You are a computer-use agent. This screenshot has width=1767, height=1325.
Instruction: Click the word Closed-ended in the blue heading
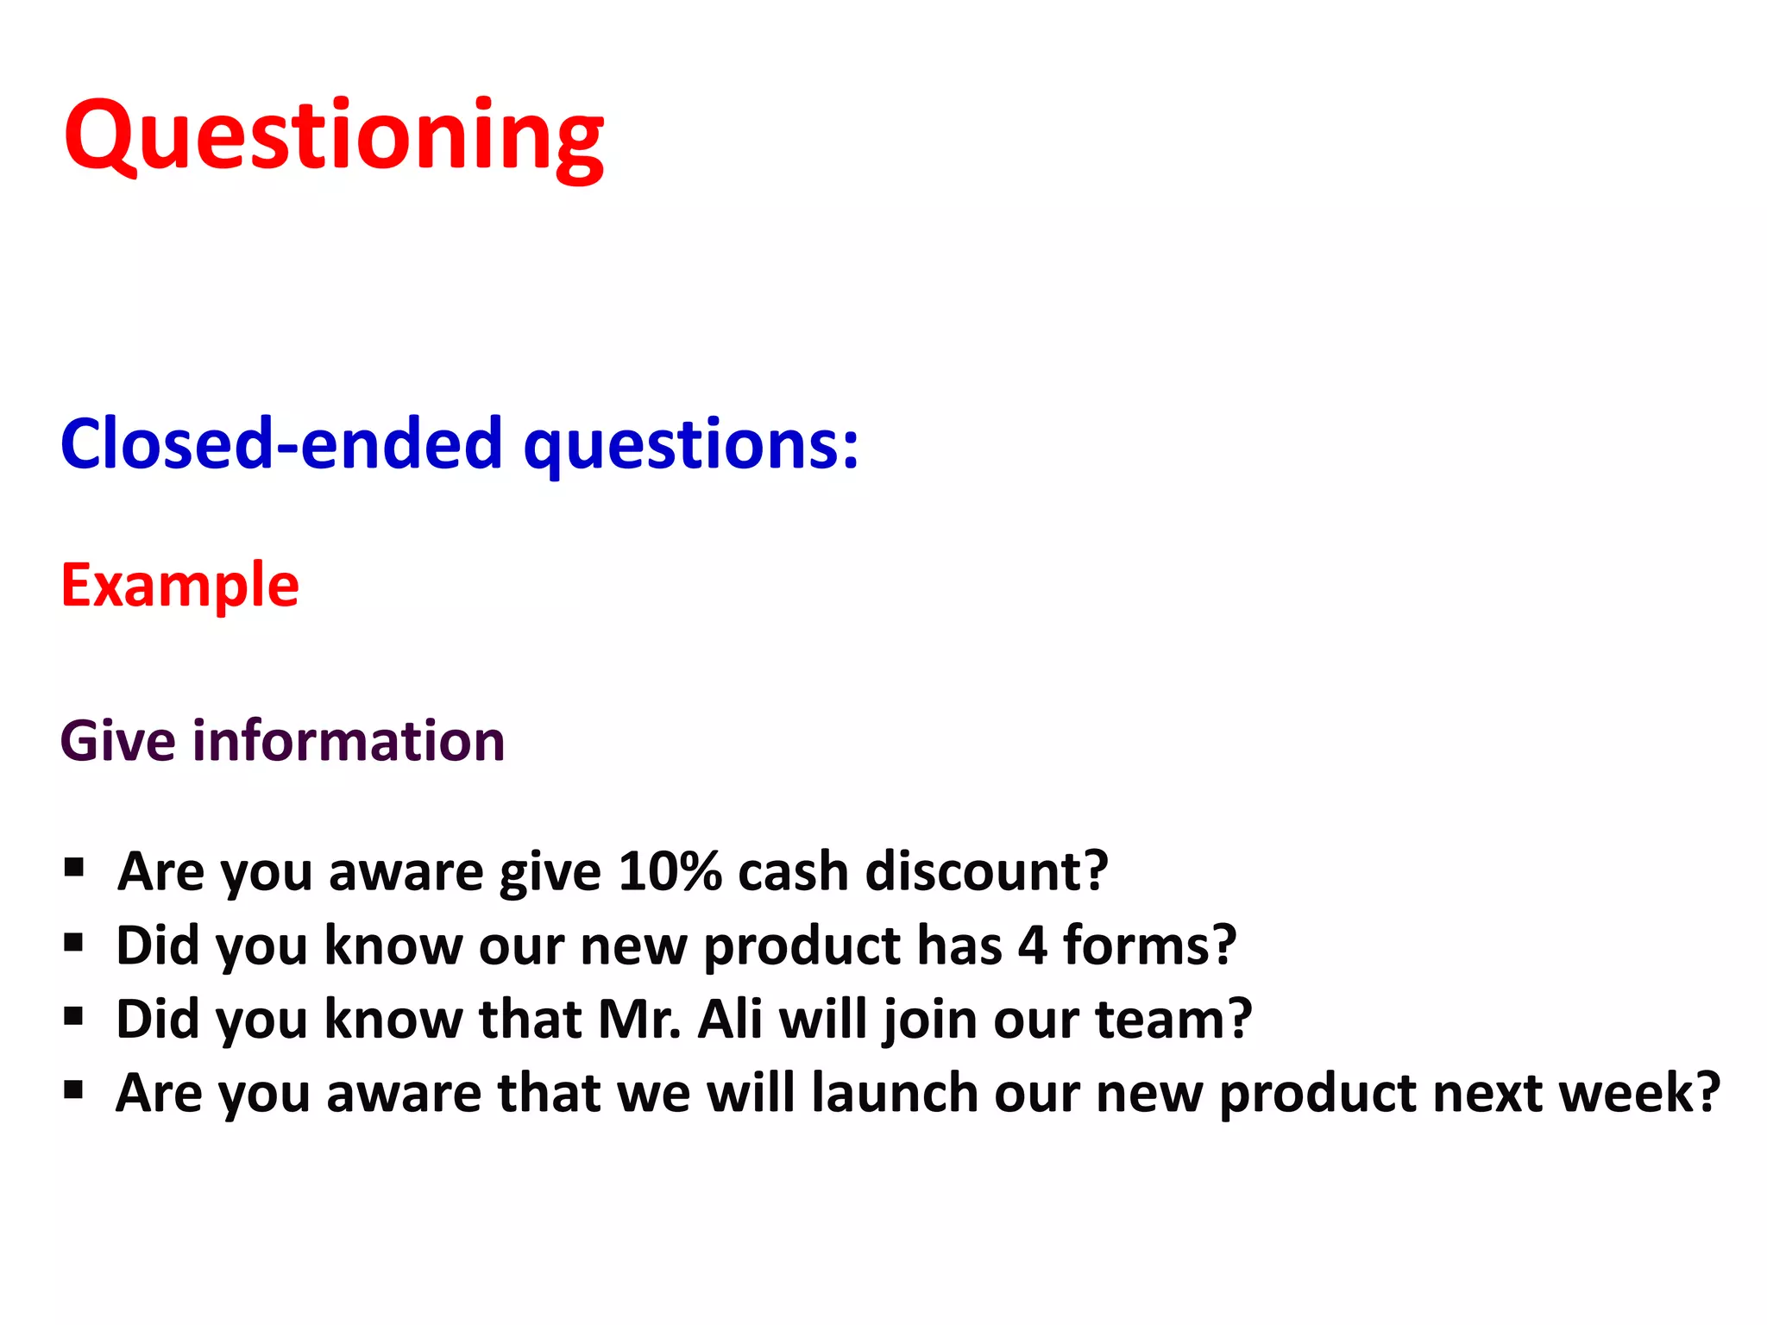coord(280,443)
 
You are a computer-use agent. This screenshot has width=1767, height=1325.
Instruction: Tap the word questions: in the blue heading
coord(691,445)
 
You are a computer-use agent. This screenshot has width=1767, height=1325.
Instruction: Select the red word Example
coord(179,586)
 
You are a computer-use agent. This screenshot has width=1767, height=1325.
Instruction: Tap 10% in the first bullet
coord(670,871)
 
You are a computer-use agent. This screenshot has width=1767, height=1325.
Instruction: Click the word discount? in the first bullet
coord(986,871)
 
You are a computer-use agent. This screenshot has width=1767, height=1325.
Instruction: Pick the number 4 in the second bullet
coord(1032,945)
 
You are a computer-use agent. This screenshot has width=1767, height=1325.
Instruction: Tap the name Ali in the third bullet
coord(729,1020)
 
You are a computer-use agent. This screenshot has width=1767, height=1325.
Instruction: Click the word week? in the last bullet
coord(1639,1093)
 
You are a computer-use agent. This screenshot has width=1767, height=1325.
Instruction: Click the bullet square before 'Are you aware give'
coord(74,867)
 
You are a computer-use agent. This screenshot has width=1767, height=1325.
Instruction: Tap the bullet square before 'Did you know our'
coord(74,942)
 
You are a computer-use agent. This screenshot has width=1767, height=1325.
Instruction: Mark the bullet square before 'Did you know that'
coord(74,1016)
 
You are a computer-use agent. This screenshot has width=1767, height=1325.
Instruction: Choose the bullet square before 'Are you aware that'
coord(74,1090)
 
